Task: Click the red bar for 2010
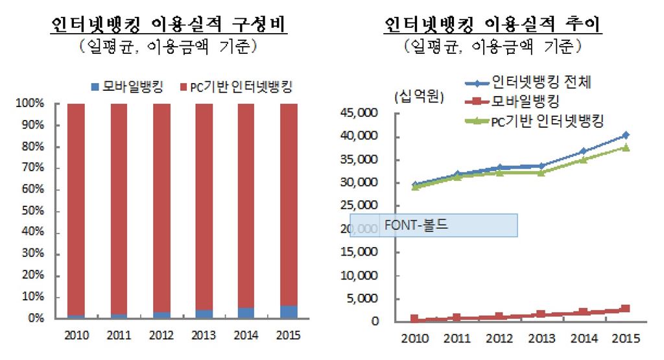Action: click(x=76, y=208)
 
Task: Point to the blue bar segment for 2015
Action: click(x=289, y=312)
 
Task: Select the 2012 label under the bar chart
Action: click(x=161, y=335)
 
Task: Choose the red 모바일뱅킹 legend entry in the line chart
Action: click(x=525, y=101)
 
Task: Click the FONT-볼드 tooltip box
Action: click(x=433, y=225)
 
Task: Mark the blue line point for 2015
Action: click(x=626, y=135)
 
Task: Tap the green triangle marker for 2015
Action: click(x=626, y=147)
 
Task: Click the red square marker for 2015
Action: click(x=626, y=309)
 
